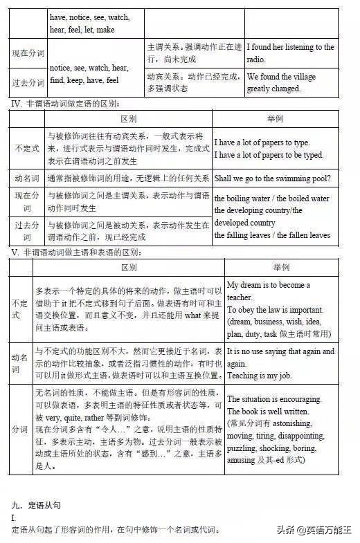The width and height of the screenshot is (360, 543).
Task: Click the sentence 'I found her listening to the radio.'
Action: pyautogui.click(x=291, y=53)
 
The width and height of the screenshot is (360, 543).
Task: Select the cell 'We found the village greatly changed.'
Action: pyautogui.click(x=274, y=83)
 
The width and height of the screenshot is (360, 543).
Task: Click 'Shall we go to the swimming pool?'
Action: pyautogui.click(x=272, y=178)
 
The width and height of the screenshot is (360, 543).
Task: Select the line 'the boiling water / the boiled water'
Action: pyautogui.click(x=271, y=199)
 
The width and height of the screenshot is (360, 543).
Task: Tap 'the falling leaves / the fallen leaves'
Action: pyautogui.click(x=272, y=235)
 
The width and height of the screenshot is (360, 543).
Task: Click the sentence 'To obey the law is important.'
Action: pyautogui.click(x=275, y=309)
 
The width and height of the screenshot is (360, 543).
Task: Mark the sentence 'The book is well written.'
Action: pyautogui.click(x=268, y=412)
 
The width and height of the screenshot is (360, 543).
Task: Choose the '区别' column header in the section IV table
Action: pyautogui.click(x=129, y=119)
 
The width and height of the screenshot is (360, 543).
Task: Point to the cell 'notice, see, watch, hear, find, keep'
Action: pyautogui.click(x=91, y=74)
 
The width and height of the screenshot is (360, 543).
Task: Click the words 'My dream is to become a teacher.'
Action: pyautogui.click(x=269, y=291)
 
